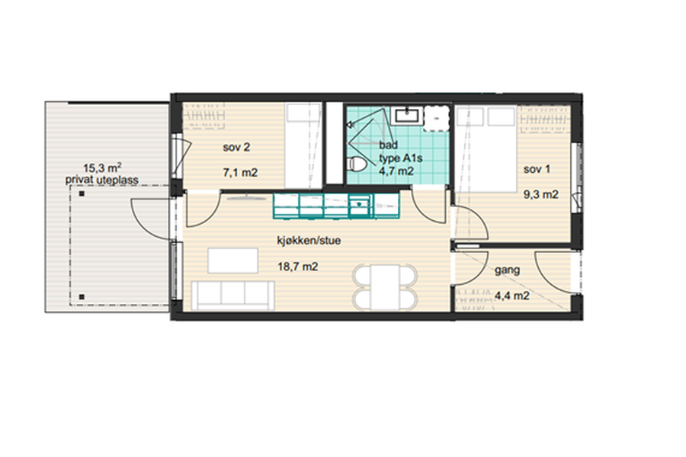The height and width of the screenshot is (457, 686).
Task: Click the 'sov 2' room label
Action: coord(236,147)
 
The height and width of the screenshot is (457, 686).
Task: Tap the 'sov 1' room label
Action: coord(537,169)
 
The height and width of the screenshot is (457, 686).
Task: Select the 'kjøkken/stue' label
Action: coord(309,241)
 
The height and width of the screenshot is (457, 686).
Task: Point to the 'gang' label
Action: coord(508,270)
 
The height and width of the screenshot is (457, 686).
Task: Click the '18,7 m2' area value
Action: coord(298,267)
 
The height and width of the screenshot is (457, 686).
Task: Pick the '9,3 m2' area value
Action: coord(541,195)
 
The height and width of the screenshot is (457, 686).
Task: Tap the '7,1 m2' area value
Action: coord(240,173)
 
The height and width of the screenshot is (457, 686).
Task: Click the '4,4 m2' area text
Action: coord(512,296)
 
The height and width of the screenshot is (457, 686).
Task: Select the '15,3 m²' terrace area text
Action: coord(102,168)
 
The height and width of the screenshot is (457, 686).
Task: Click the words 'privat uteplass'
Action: coord(102,180)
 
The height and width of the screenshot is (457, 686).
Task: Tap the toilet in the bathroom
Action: coord(357,165)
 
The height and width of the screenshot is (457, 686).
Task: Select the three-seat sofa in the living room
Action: coord(233,296)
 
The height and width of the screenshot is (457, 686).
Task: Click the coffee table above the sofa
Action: coord(232,260)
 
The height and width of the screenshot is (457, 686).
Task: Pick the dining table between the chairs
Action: coord(385,287)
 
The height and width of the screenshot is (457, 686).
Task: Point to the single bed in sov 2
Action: coord(303,145)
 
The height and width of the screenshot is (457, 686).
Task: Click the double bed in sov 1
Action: coord(486,149)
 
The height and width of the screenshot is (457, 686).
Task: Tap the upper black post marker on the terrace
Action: coord(82,193)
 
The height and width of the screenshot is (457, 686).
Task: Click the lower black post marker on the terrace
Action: coord(82,296)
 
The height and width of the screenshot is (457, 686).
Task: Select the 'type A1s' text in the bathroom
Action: coord(400,158)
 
